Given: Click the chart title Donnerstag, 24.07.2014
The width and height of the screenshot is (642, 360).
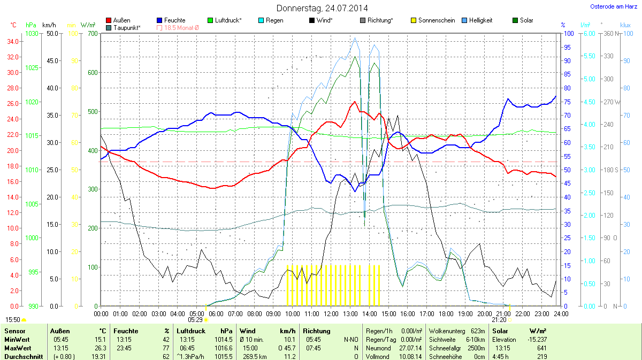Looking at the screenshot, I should coord(322,8).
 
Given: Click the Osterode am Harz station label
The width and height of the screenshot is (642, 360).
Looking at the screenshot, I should coord(612,6).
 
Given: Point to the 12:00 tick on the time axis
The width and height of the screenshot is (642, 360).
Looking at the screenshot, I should coord(331,313).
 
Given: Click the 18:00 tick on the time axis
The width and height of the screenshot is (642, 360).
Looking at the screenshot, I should coord(446,313).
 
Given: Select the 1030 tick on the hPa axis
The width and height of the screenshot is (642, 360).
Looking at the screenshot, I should coord(32,34).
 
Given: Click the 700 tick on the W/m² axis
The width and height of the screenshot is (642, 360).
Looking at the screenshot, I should coord(91,34).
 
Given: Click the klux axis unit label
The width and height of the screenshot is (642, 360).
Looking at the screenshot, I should coord(625,25).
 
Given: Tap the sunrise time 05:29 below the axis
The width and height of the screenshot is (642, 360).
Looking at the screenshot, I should coord(195,319).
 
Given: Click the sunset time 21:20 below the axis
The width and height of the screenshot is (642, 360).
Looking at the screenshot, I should coord(499,319).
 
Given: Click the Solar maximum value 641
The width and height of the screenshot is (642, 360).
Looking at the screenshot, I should coord(541,348).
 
